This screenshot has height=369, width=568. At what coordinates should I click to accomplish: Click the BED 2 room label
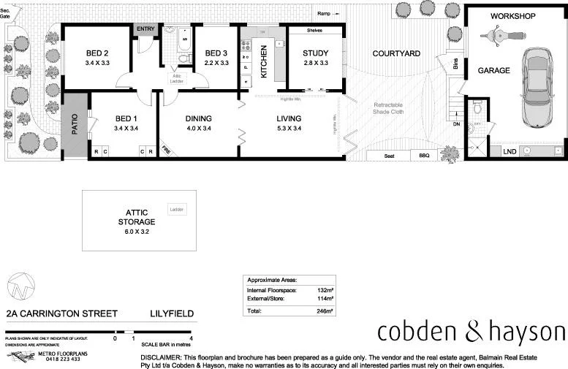[96, 53]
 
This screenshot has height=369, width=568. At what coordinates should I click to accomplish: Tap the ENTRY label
[145, 29]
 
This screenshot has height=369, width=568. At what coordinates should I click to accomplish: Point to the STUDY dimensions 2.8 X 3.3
[315, 64]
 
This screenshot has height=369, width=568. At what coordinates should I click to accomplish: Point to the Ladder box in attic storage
[177, 210]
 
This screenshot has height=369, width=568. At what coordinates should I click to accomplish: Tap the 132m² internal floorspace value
[324, 290]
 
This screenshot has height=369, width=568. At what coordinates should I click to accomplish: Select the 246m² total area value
[324, 311]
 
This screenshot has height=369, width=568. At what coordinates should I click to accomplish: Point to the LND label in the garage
[508, 152]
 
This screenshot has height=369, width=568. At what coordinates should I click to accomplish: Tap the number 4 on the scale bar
[191, 338]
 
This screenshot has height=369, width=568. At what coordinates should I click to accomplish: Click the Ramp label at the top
[323, 13]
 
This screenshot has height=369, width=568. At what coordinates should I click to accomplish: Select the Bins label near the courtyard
[456, 64]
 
